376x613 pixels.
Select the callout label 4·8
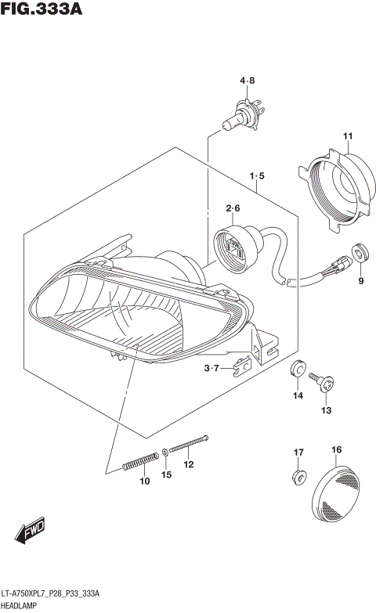pyautogui.click(x=248, y=80)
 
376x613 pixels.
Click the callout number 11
pyautogui.click(x=347, y=138)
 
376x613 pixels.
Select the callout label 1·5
pyautogui.click(x=257, y=176)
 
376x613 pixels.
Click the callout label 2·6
pyautogui.click(x=233, y=208)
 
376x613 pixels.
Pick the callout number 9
pyautogui.click(x=360, y=280)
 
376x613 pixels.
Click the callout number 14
pyautogui.click(x=298, y=396)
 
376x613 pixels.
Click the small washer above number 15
pyautogui.click(x=165, y=452)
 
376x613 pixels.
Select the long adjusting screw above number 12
pyautogui.click(x=188, y=445)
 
